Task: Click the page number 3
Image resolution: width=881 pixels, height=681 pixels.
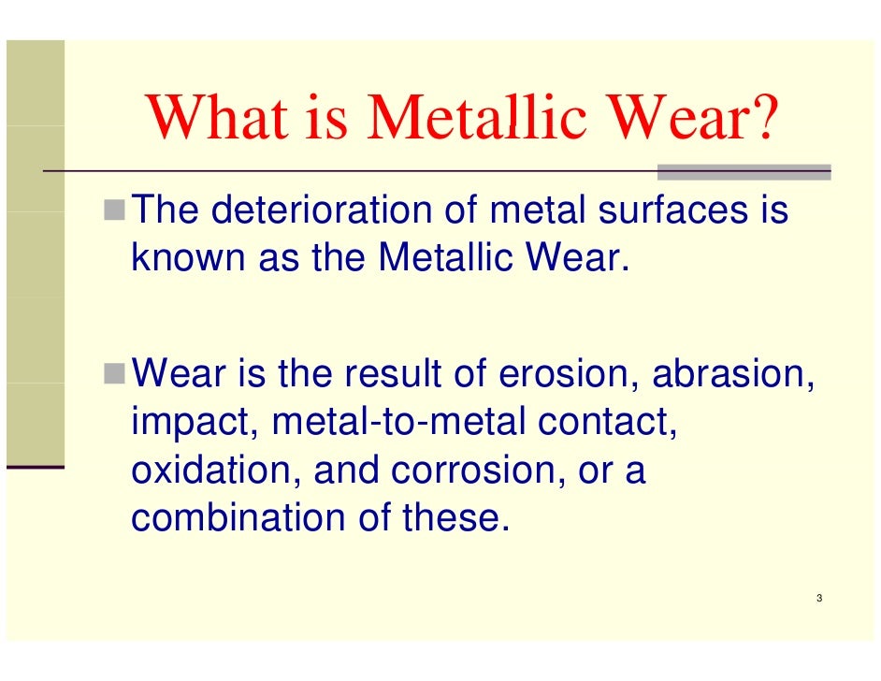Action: click(x=818, y=599)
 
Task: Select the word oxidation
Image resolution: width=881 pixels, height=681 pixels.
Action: click(x=216, y=471)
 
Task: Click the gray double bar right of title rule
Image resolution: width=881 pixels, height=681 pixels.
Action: click(x=744, y=172)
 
